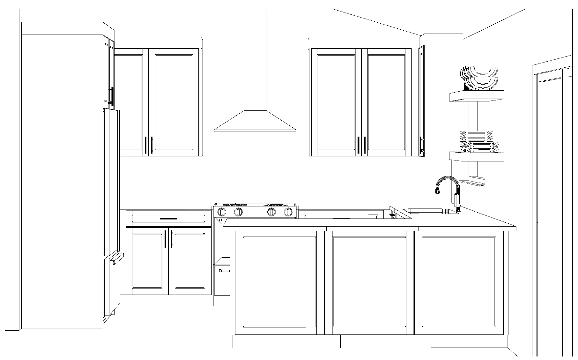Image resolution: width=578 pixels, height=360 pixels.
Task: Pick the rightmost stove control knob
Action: (288, 211)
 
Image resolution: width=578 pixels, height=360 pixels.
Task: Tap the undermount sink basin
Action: (430, 211)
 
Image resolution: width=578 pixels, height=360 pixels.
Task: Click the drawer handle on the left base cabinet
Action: (168, 219)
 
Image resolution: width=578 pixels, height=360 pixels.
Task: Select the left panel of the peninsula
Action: (279, 282)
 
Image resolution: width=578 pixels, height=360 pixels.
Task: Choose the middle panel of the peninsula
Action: (369, 282)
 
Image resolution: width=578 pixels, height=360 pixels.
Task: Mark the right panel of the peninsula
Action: (458, 282)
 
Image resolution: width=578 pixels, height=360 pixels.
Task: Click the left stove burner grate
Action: (235, 205)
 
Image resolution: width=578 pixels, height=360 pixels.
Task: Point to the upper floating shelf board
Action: (476, 95)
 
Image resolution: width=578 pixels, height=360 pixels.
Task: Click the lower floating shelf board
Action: (476, 157)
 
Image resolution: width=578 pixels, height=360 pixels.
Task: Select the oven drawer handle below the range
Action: (224, 271)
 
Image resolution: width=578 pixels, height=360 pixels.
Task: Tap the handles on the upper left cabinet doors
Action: (149, 145)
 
